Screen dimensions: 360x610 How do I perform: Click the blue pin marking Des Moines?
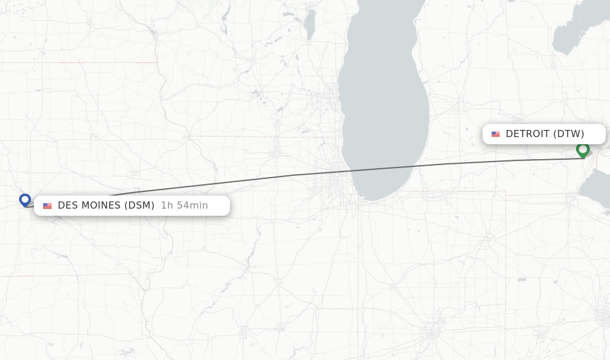pyautogui.click(x=25, y=200)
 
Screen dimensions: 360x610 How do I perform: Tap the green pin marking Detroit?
pyautogui.click(x=583, y=149)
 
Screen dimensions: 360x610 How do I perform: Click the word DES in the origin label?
pyautogui.click(x=68, y=206)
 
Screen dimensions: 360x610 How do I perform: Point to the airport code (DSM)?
pyautogui.click(x=139, y=206)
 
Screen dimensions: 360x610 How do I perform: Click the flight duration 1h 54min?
pyautogui.click(x=185, y=206)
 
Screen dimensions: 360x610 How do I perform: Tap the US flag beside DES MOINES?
pyautogui.click(x=48, y=206)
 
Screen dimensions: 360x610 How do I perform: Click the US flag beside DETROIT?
pyautogui.click(x=496, y=134)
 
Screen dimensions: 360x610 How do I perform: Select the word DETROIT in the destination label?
pyautogui.click(x=527, y=134)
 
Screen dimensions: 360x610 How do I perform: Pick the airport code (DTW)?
pyautogui.click(x=569, y=134)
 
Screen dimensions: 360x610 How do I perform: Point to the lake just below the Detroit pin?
pyautogui.click(x=596, y=188)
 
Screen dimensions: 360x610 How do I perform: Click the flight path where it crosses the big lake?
pyautogui.click(x=387, y=169)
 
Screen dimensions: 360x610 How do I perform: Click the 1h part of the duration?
pyautogui.click(x=167, y=206)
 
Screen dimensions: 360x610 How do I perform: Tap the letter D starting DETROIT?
pyautogui.click(x=509, y=134)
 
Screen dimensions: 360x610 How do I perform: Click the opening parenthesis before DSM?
pyautogui.click(x=126, y=206)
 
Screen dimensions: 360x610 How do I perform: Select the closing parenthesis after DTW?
pyautogui.click(x=583, y=134)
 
